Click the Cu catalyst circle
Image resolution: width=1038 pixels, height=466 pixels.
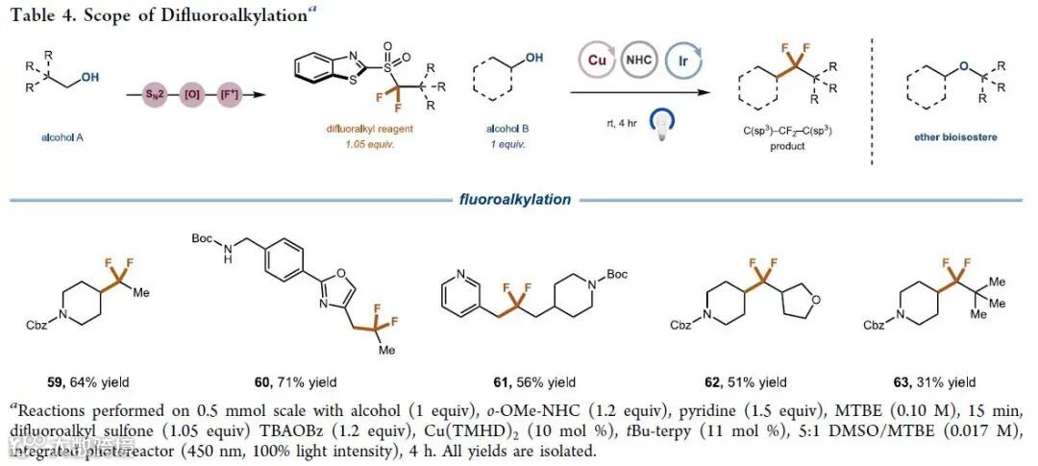tap(595, 59)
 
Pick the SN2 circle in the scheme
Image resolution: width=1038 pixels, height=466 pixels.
tap(147, 94)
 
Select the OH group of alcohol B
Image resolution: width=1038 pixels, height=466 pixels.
tap(532, 58)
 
